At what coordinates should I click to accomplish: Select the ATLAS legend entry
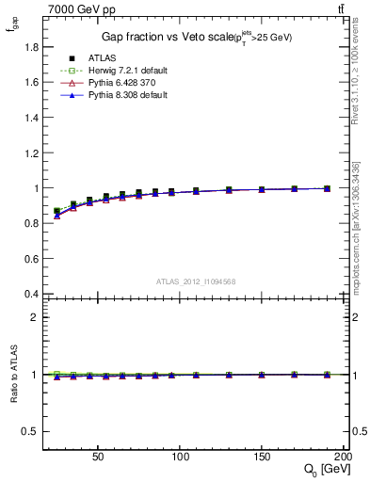coord(101,57)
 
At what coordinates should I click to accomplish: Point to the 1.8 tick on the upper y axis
coord(32,47)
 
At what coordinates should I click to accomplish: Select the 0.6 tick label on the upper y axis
coord(32,259)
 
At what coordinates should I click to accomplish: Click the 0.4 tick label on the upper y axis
coord(32,294)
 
